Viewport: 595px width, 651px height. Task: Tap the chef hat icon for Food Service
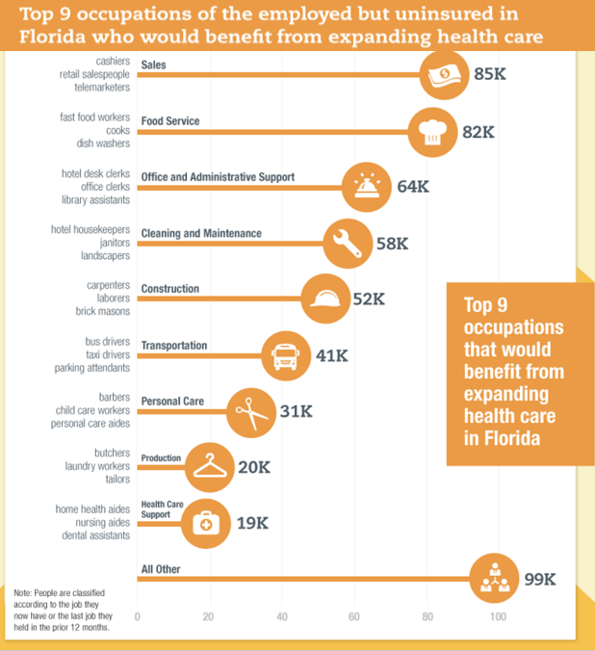432,133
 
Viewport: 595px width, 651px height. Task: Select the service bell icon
367,186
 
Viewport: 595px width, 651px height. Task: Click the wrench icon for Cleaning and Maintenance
347,244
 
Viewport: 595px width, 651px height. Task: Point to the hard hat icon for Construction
324,299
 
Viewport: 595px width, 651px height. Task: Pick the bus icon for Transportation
286,355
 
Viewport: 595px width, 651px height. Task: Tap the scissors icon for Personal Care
249,411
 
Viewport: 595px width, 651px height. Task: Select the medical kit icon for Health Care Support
205,523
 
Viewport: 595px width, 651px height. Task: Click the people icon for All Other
494,578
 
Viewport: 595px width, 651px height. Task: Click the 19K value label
251,523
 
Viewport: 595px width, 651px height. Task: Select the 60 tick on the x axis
353,616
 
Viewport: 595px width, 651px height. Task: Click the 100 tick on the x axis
498,616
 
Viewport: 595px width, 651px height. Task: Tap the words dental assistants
93,534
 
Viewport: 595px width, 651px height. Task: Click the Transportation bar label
174,346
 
